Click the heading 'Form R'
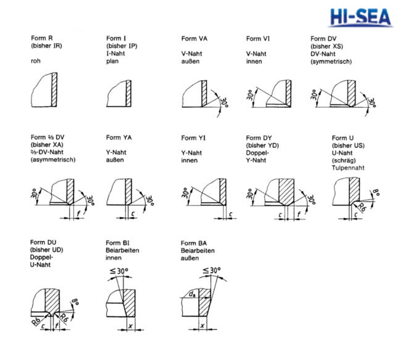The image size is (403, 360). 42,39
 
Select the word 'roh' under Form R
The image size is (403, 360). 35,62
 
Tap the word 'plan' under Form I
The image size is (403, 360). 112,62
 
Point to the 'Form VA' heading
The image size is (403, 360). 194,39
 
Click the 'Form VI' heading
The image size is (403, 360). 259,39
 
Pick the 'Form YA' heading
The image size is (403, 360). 118,137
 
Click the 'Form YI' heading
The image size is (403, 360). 193,137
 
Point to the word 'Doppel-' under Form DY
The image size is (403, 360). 258,152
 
